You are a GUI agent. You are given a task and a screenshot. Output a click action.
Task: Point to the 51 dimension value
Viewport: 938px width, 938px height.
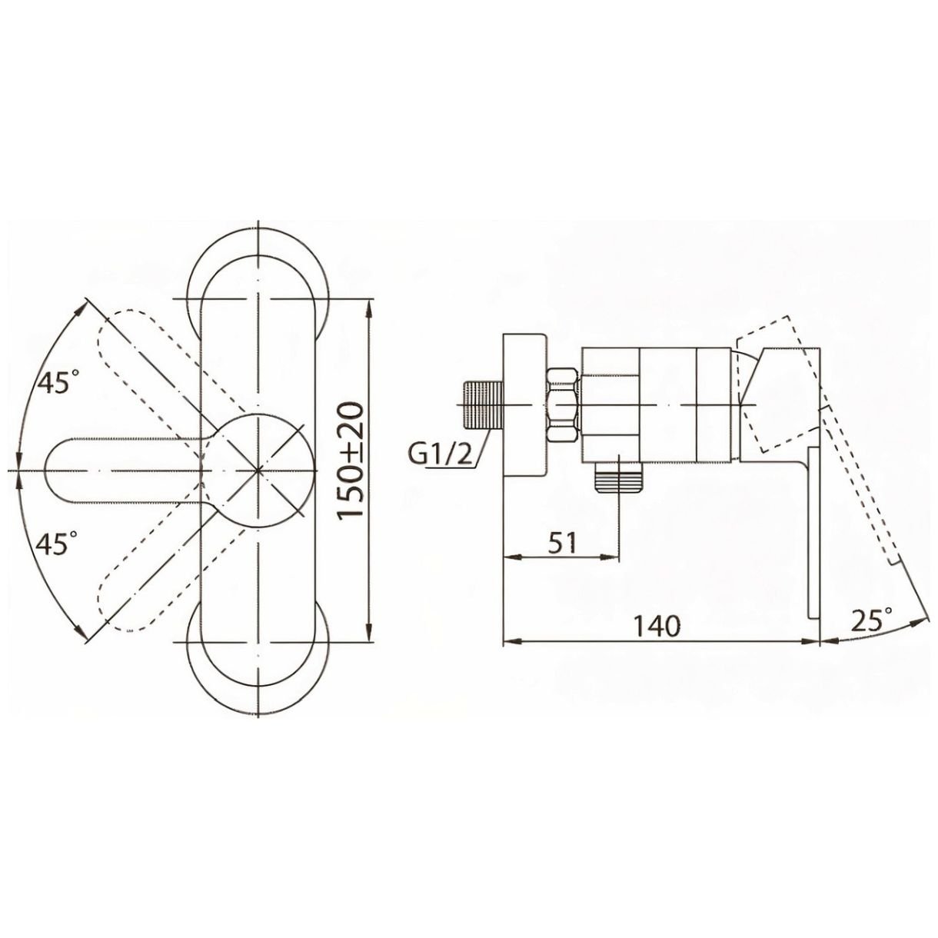click(562, 542)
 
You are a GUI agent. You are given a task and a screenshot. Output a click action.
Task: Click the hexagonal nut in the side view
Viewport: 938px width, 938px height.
click(564, 405)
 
